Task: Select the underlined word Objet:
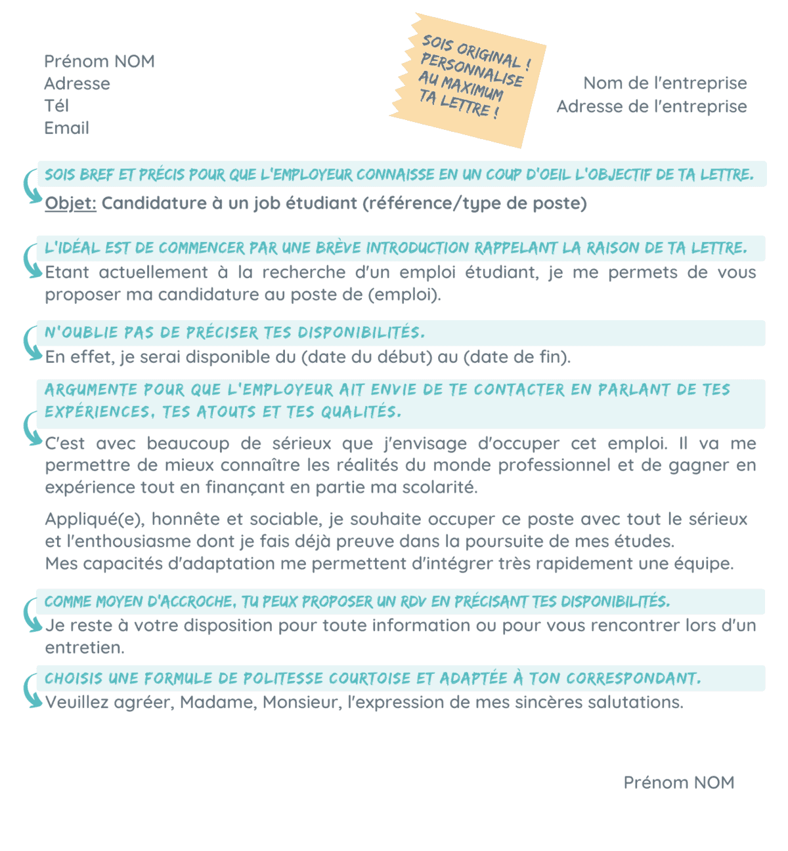pyautogui.click(x=70, y=203)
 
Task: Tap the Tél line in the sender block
pyautogui.click(x=56, y=106)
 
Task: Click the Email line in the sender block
pyautogui.click(x=66, y=128)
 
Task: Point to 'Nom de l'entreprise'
pyautogui.click(x=665, y=83)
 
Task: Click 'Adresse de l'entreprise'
pyautogui.click(x=651, y=106)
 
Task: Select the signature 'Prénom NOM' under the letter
pyautogui.click(x=678, y=782)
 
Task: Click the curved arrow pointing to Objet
pyautogui.click(x=30, y=186)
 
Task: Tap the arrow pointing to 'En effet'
pyautogui.click(x=30, y=343)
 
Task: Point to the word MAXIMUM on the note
pyautogui.click(x=472, y=89)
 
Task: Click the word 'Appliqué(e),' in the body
pyautogui.click(x=95, y=520)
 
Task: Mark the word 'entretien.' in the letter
pyautogui.click(x=84, y=648)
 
